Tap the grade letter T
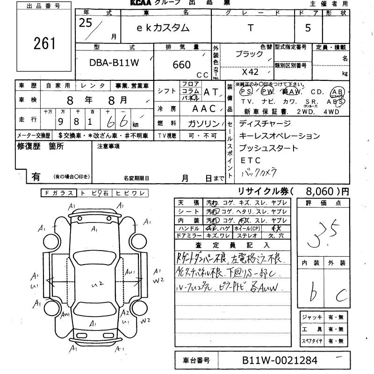(x=251, y=28)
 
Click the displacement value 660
(x=181, y=65)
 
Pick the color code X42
(x=250, y=72)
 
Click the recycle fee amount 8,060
(x=320, y=191)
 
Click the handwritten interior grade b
(x=312, y=292)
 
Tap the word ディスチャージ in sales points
(x=265, y=124)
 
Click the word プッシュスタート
(x=268, y=148)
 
